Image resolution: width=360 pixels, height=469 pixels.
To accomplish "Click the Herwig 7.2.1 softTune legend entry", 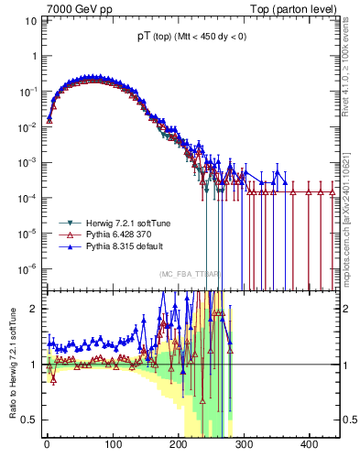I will click(x=114, y=224).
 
